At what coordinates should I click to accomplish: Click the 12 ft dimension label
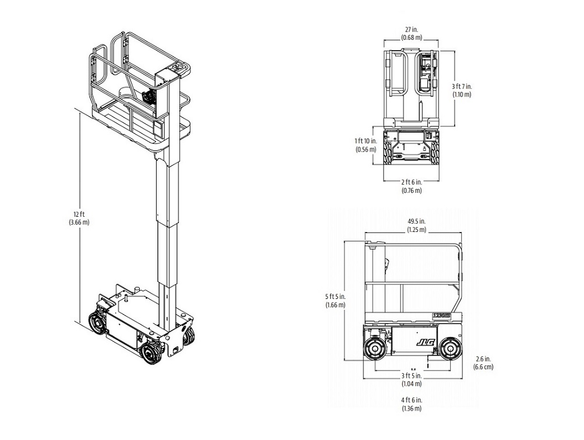(x=79, y=214)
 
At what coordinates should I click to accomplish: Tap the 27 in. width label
(x=412, y=30)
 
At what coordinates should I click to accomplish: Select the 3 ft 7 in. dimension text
(x=462, y=86)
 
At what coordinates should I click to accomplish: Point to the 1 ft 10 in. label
(x=366, y=141)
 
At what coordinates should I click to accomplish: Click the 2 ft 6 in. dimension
(x=412, y=182)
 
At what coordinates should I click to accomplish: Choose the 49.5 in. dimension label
(x=416, y=221)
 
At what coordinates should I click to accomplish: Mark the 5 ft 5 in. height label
(x=335, y=297)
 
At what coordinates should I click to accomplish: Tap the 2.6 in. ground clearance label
(x=483, y=359)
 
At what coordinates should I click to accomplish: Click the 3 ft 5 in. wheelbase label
(x=412, y=375)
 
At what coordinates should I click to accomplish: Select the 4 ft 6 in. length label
(x=412, y=400)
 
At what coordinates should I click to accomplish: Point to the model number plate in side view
(x=441, y=315)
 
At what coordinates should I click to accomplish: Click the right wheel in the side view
(x=450, y=349)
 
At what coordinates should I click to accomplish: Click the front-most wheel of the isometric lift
(x=151, y=354)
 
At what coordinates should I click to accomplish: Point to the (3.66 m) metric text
(x=79, y=223)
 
